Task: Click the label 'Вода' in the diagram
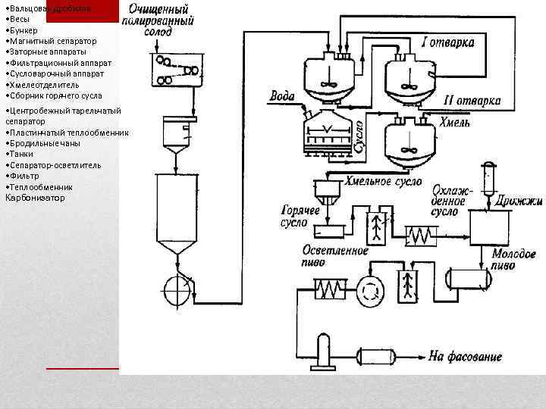(x=282, y=97)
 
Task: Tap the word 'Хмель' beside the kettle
(x=455, y=123)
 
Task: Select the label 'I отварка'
(x=449, y=43)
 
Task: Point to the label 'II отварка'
(x=471, y=101)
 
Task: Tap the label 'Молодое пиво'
(x=513, y=260)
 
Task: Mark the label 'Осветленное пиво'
(x=334, y=256)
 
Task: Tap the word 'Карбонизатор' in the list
(x=35, y=198)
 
